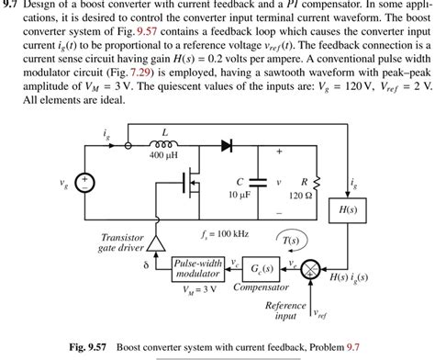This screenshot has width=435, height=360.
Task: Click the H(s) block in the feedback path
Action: (348, 210)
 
